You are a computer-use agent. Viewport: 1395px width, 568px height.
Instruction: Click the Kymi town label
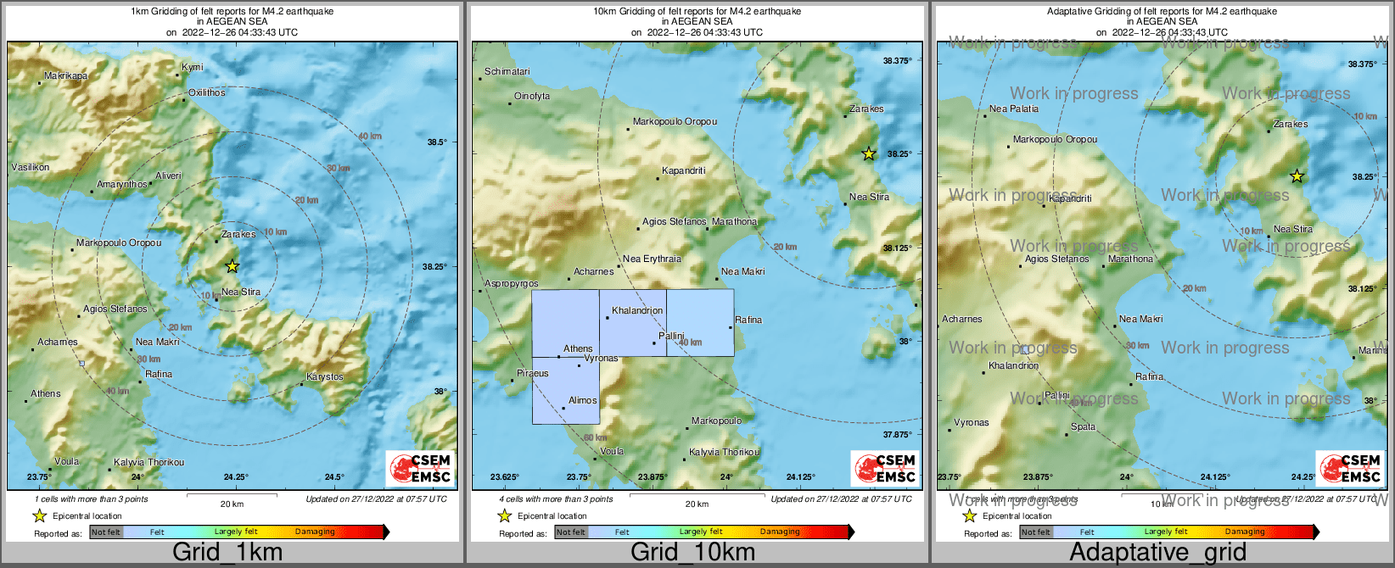click(x=193, y=67)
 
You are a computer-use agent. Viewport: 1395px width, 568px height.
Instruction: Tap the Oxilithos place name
click(x=207, y=92)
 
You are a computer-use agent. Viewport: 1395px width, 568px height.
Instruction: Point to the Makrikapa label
click(x=65, y=76)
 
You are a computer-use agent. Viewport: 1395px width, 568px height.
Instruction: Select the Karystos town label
click(x=325, y=376)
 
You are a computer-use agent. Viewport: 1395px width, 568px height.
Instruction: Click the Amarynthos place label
click(x=121, y=184)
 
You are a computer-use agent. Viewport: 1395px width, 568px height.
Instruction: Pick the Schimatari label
click(x=507, y=71)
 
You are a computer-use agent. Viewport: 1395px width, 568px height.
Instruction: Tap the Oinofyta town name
click(x=532, y=96)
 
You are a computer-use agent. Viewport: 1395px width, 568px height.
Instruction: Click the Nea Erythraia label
click(x=652, y=259)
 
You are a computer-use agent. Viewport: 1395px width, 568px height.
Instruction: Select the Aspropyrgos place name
click(x=511, y=283)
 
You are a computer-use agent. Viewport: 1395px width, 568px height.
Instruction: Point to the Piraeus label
click(x=532, y=373)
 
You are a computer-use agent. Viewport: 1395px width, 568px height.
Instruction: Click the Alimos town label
click(x=582, y=400)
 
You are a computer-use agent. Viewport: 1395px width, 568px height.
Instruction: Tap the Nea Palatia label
click(x=1013, y=109)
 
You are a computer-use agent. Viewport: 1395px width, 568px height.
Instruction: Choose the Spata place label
click(x=1083, y=426)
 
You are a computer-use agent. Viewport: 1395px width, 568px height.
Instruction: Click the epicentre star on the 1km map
click(x=232, y=266)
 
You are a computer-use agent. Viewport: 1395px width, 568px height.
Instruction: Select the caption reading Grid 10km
click(x=692, y=553)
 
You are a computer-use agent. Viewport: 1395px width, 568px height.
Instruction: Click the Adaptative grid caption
click(x=1157, y=553)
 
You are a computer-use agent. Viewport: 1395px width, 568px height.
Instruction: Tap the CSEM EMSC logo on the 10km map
click(x=884, y=468)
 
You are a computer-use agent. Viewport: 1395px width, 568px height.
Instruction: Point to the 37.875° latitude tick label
click(x=897, y=434)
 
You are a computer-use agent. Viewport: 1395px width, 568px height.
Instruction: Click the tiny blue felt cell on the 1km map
click(x=81, y=364)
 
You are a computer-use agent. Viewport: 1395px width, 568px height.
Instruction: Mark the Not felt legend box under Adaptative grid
click(x=1035, y=532)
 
